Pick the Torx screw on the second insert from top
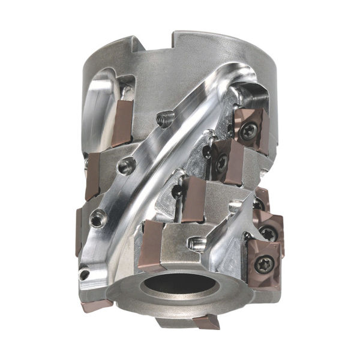tap(223, 161)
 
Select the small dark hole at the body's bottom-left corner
tap(85, 274)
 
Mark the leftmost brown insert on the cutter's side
tap(79, 231)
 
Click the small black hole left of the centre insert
tap(176, 193)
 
